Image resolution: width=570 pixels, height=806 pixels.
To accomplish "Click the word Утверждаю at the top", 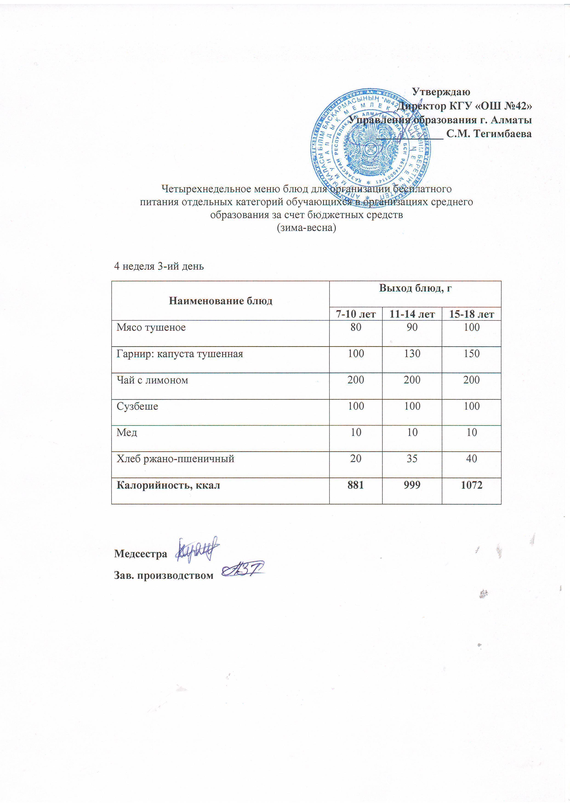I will [x=441, y=92].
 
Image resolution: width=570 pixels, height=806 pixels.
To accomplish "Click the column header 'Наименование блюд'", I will [x=221, y=301].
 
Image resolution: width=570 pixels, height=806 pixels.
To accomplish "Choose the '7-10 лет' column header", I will [x=356, y=314].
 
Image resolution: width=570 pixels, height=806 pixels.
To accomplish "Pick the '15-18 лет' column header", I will [x=471, y=314].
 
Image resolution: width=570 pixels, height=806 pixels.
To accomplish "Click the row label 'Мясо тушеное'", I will [x=151, y=328].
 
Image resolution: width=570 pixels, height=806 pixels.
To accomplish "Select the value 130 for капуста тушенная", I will [x=412, y=354].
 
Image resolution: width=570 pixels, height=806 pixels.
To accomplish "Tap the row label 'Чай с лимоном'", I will [x=152, y=380].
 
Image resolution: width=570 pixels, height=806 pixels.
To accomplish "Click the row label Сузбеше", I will [x=137, y=406].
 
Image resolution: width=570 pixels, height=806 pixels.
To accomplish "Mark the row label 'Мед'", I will [x=127, y=432].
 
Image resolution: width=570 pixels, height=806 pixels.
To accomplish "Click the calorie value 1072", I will [x=471, y=485].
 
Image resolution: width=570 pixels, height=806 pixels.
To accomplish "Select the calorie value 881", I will [x=356, y=485].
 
